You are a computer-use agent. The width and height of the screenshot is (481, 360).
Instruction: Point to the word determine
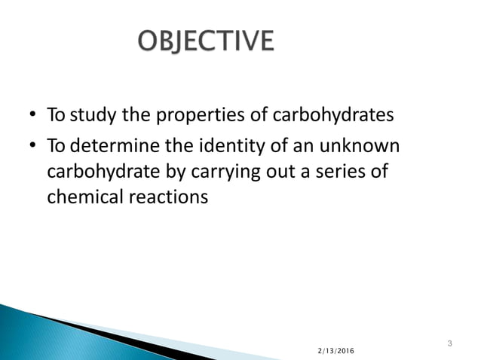[x=111, y=145]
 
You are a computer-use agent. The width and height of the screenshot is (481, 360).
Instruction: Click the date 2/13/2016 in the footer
[x=334, y=352]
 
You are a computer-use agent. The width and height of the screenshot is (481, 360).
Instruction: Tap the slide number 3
[x=449, y=345]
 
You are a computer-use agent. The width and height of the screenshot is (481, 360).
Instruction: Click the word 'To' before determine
[x=55, y=145]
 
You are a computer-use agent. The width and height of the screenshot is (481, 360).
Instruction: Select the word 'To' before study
[x=55, y=117]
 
